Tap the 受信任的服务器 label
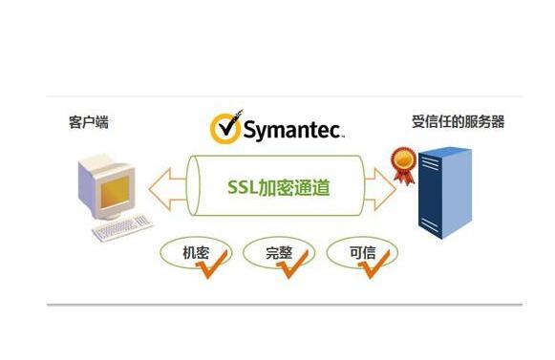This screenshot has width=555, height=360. tap(458, 121)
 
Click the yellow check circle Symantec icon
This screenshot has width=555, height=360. tap(225, 128)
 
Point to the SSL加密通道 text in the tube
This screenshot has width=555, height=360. tap(280, 186)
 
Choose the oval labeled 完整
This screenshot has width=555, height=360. tap(279, 252)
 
